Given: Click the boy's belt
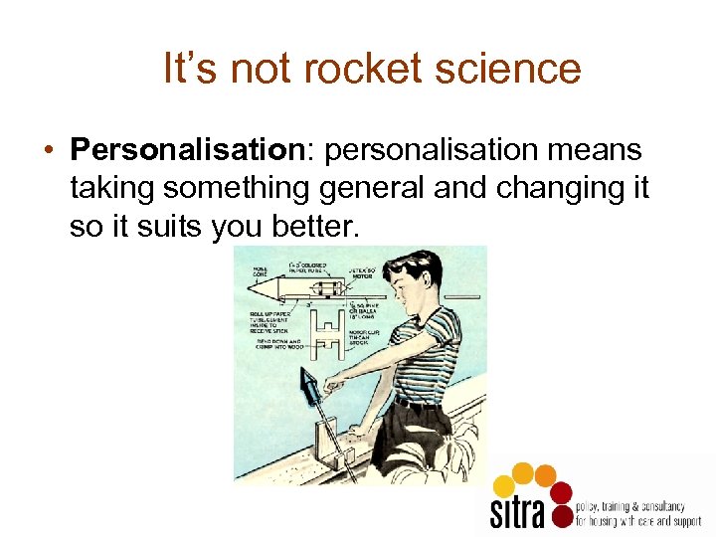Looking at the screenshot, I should pyautogui.click(x=418, y=403).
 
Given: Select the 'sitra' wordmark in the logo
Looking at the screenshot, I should pyautogui.click(x=518, y=509).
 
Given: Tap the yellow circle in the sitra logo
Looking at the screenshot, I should pyautogui.click(x=505, y=485).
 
